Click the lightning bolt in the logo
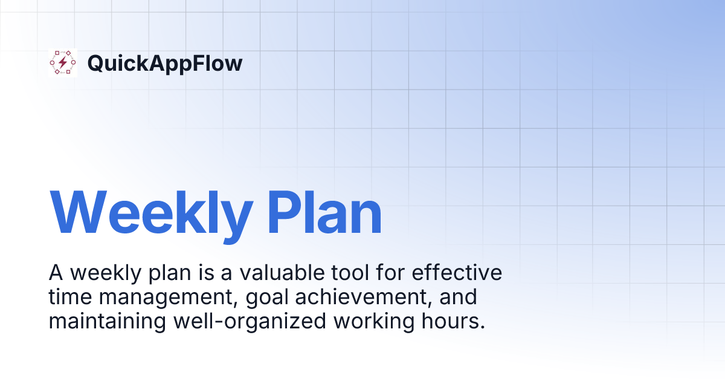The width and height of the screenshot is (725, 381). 63,63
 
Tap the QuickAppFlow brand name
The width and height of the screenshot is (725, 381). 165,63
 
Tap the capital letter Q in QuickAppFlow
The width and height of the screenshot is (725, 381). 95,63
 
